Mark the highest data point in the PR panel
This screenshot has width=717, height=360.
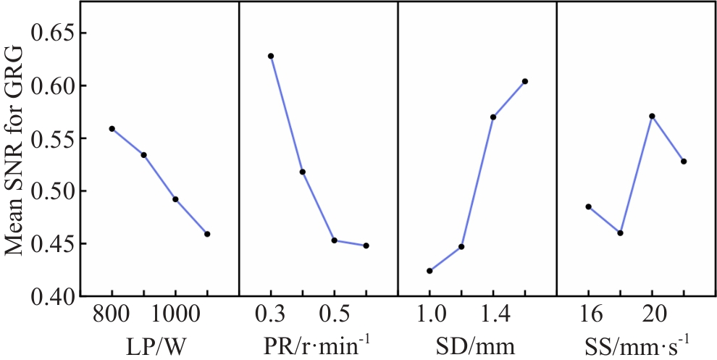pos(271,56)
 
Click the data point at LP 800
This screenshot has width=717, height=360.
pos(112,128)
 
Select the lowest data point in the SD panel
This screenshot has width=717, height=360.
pos(429,271)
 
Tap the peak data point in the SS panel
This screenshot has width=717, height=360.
pos(652,116)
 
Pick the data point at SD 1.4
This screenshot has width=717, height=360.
pos(493,117)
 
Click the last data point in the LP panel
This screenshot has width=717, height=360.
pos(207,234)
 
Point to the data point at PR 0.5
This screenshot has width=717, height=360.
pos(334,240)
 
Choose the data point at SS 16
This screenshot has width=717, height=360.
pos(588,206)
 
